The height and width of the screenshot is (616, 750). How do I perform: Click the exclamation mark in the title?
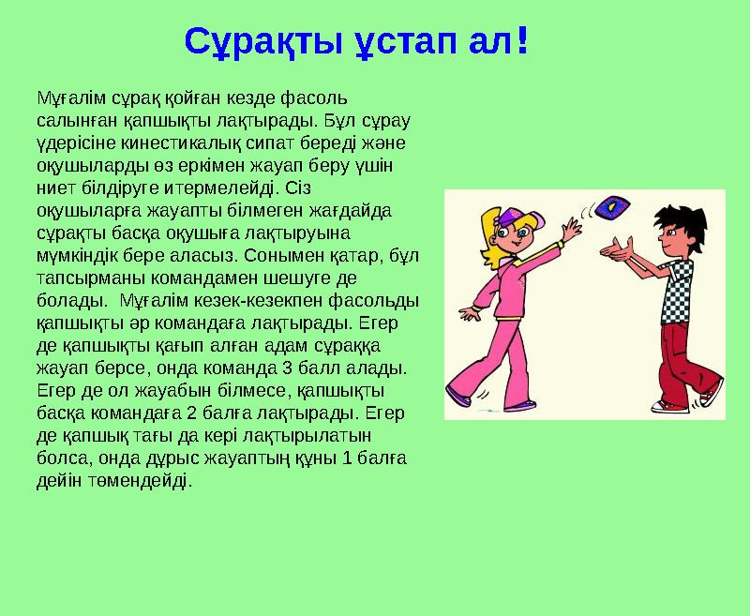[521, 39]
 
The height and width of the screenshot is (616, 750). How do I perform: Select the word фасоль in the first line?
[322, 98]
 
